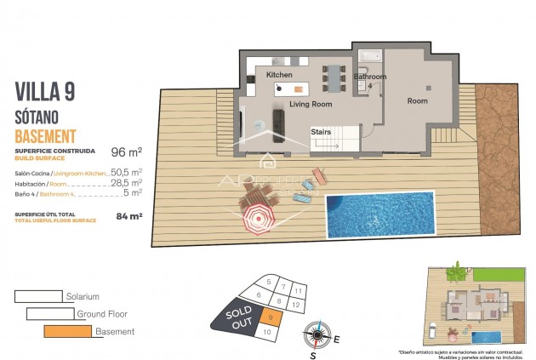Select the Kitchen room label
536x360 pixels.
[279, 75]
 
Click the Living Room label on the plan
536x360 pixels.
[310, 104]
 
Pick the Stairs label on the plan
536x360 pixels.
[321, 132]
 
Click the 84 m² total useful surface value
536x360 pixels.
[129, 215]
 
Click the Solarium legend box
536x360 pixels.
[38, 296]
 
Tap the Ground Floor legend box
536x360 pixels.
[49, 313]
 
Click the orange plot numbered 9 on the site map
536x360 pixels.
[269, 317]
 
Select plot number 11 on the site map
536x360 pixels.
[299, 290]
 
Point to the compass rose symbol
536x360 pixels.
[316, 334]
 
